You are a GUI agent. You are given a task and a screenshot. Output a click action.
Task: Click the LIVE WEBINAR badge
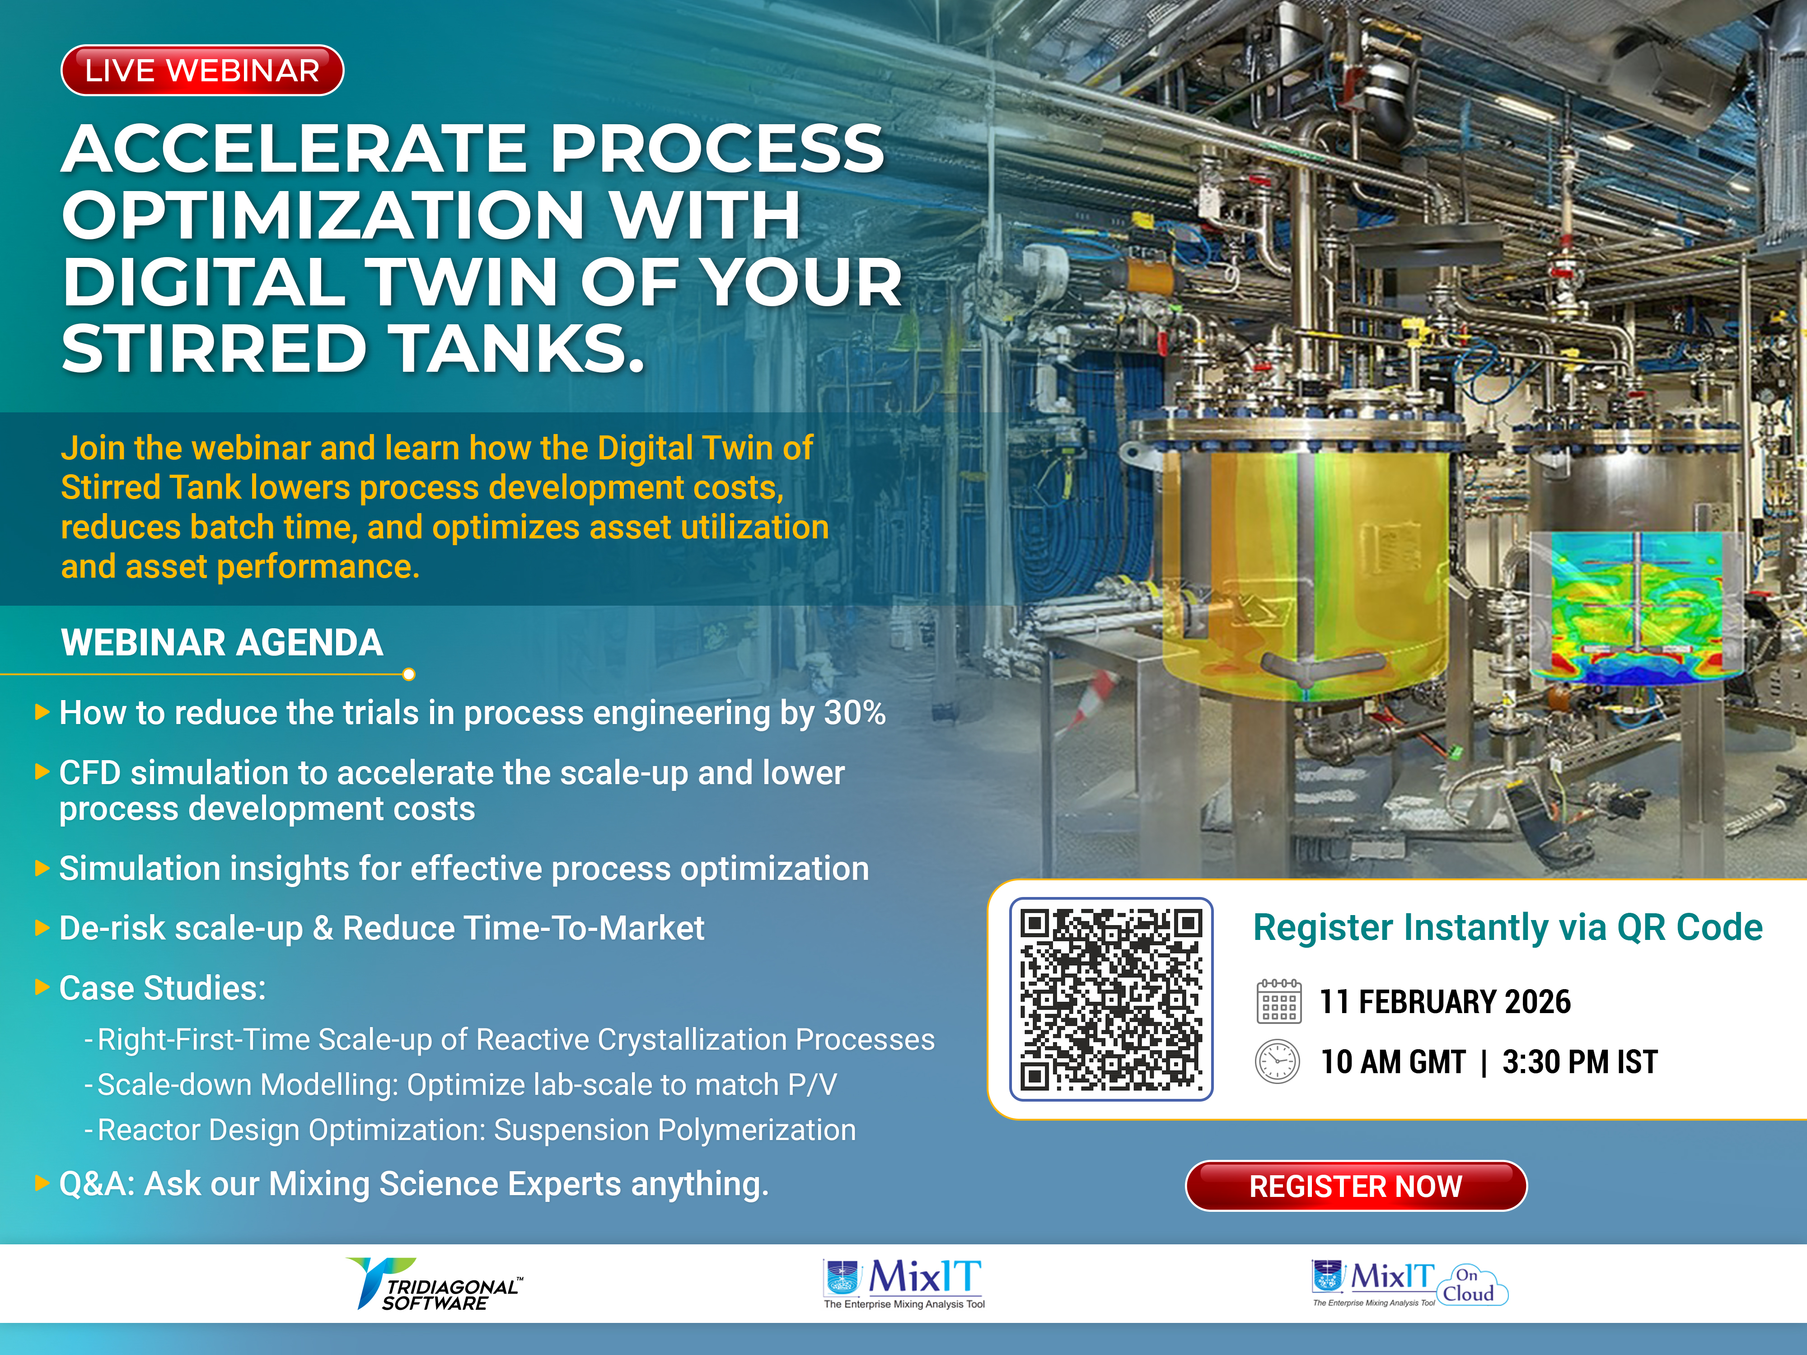202,70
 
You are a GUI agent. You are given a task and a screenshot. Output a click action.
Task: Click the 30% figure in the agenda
855,712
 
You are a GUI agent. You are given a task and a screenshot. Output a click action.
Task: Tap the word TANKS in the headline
515,349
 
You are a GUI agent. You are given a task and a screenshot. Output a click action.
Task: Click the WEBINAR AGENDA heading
222,643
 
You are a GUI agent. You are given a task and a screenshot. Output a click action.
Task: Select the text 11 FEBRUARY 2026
1445,1001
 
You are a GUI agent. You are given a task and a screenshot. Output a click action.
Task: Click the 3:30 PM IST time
1580,1062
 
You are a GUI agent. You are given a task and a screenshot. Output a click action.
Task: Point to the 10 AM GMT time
1394,1062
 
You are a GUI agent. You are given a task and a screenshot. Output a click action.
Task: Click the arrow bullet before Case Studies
42,987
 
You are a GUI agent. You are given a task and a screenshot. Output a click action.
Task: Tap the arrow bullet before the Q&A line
42,1183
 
